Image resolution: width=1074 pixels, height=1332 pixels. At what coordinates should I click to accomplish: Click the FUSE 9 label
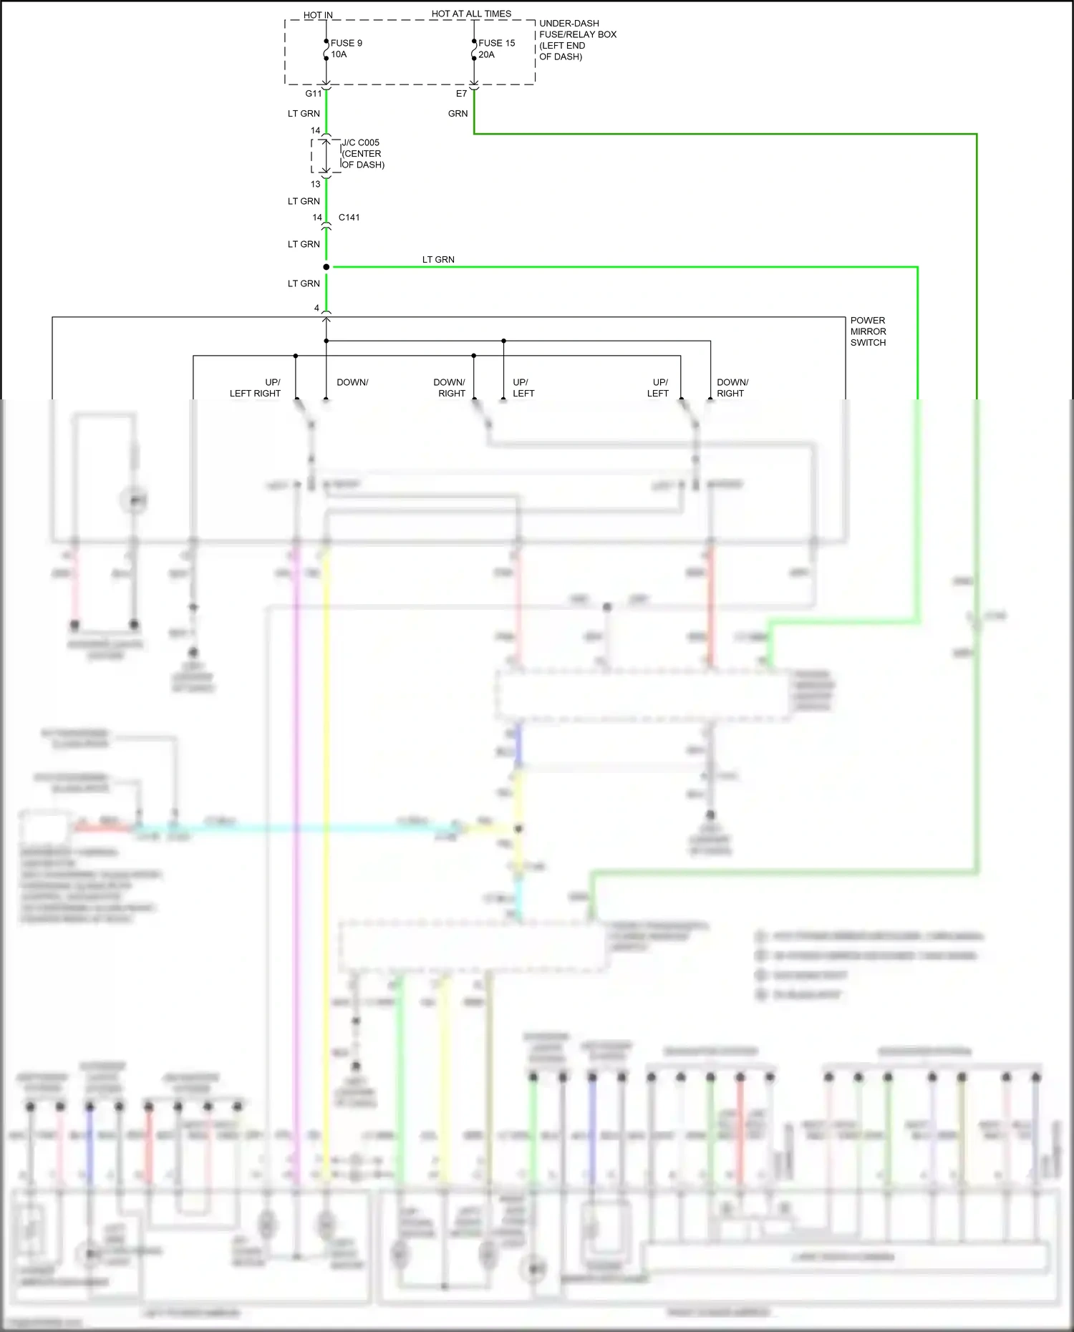point(346,43)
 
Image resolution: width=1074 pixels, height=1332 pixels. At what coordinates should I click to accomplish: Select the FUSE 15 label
point(496,43)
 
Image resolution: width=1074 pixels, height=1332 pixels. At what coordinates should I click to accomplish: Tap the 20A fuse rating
point(486,54)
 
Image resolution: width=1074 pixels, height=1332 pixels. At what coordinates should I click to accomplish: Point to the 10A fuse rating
point(339,54)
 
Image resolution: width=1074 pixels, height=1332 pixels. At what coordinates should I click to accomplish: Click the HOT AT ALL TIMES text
point(471,14)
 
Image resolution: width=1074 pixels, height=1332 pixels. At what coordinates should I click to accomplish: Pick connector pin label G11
point(314,94)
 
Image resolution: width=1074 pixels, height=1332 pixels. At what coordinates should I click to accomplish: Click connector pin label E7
point(461,94)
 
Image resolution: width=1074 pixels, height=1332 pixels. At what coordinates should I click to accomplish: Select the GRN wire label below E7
point(458,114)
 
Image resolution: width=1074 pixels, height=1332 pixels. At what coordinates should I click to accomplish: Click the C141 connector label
point(349,218)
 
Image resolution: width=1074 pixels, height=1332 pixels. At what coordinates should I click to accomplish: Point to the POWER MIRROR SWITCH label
point(868,331)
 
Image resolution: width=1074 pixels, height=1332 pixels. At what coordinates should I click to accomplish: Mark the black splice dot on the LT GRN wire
point(326,267)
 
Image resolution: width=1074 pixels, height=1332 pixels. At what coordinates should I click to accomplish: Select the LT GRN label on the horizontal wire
point(438,260)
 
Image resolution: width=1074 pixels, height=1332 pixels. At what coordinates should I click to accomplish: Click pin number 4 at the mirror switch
point(316,308)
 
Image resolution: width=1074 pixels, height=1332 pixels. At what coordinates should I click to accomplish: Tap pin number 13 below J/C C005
point(315,184)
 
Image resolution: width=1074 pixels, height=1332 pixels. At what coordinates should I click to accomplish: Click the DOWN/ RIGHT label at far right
point(732,388)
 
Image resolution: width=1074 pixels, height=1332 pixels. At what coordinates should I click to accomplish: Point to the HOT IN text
point(318,15)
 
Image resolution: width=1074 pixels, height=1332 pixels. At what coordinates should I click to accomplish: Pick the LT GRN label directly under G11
point(304,114)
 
